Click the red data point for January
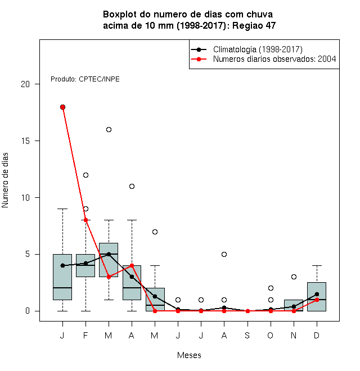(x=63, y=107)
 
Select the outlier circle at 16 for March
(x=109, y=130)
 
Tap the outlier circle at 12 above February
(x=85, y=175)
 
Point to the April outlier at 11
(x=132, y=187)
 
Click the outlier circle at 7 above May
(x=155, y=232)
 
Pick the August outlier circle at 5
(x=224, y=254)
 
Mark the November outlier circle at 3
(x=294, y=277)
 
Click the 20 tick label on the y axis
(x=25, y=84)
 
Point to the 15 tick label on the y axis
(x=25, y=141)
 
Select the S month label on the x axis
(x=247, y=336)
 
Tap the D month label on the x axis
(x=317, y=336)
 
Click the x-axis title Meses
(x=189, y=355)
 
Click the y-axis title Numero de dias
(x=5, y=180)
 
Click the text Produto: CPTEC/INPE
(x=85, y=79)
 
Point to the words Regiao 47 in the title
(x=254, y=25)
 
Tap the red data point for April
(x=132, y=266)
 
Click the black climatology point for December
(x=317, y=295)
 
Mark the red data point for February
(x=85, y=220)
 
